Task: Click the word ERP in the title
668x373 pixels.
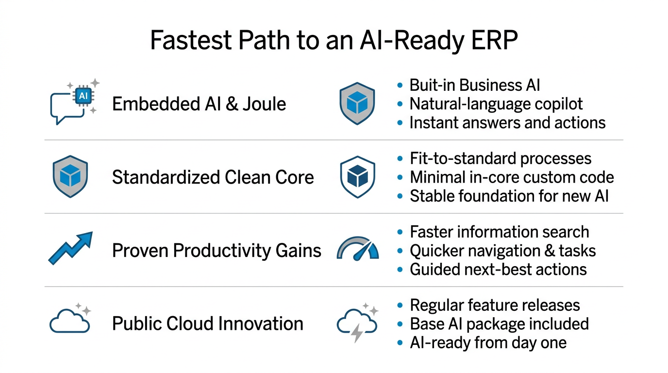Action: (494, 40)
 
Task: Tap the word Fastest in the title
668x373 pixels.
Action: (191, 40)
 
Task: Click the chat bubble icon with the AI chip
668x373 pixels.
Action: (75, 102)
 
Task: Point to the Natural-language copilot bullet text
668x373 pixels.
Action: (496, 104)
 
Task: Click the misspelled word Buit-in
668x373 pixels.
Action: (432, 85)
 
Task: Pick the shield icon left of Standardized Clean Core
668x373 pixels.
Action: (70, 176)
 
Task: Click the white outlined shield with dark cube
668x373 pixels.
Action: (358, 177)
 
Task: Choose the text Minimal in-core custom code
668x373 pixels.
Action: (512, 177)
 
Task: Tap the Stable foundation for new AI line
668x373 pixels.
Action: (509, 196)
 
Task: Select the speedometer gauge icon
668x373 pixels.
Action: (358, 248)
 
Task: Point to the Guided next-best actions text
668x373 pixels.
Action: (498, 270)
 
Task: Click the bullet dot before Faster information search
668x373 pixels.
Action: (400, 232)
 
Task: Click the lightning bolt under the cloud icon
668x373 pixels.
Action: (357, 333)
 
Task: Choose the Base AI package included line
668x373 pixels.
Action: (500, 324)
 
